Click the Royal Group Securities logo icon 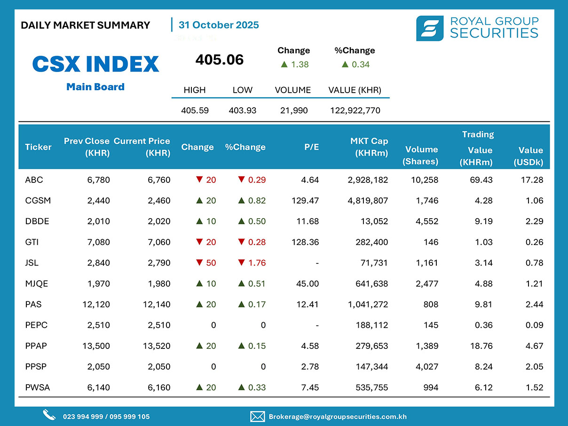[429, 28]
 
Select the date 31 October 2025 [219, 25]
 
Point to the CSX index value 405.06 [220, 60]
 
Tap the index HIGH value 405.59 [195, 110]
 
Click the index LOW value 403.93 [242, 110]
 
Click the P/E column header [311, 147]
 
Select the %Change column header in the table [245, 147]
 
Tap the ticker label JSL [32, 263]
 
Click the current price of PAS [157, 304]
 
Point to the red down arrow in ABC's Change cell [199, 180]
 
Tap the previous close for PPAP [96, 346]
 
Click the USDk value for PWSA [535, 387]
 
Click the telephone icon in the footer [49, 415]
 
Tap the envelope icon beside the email [257, 416]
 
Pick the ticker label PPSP [36, 367]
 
